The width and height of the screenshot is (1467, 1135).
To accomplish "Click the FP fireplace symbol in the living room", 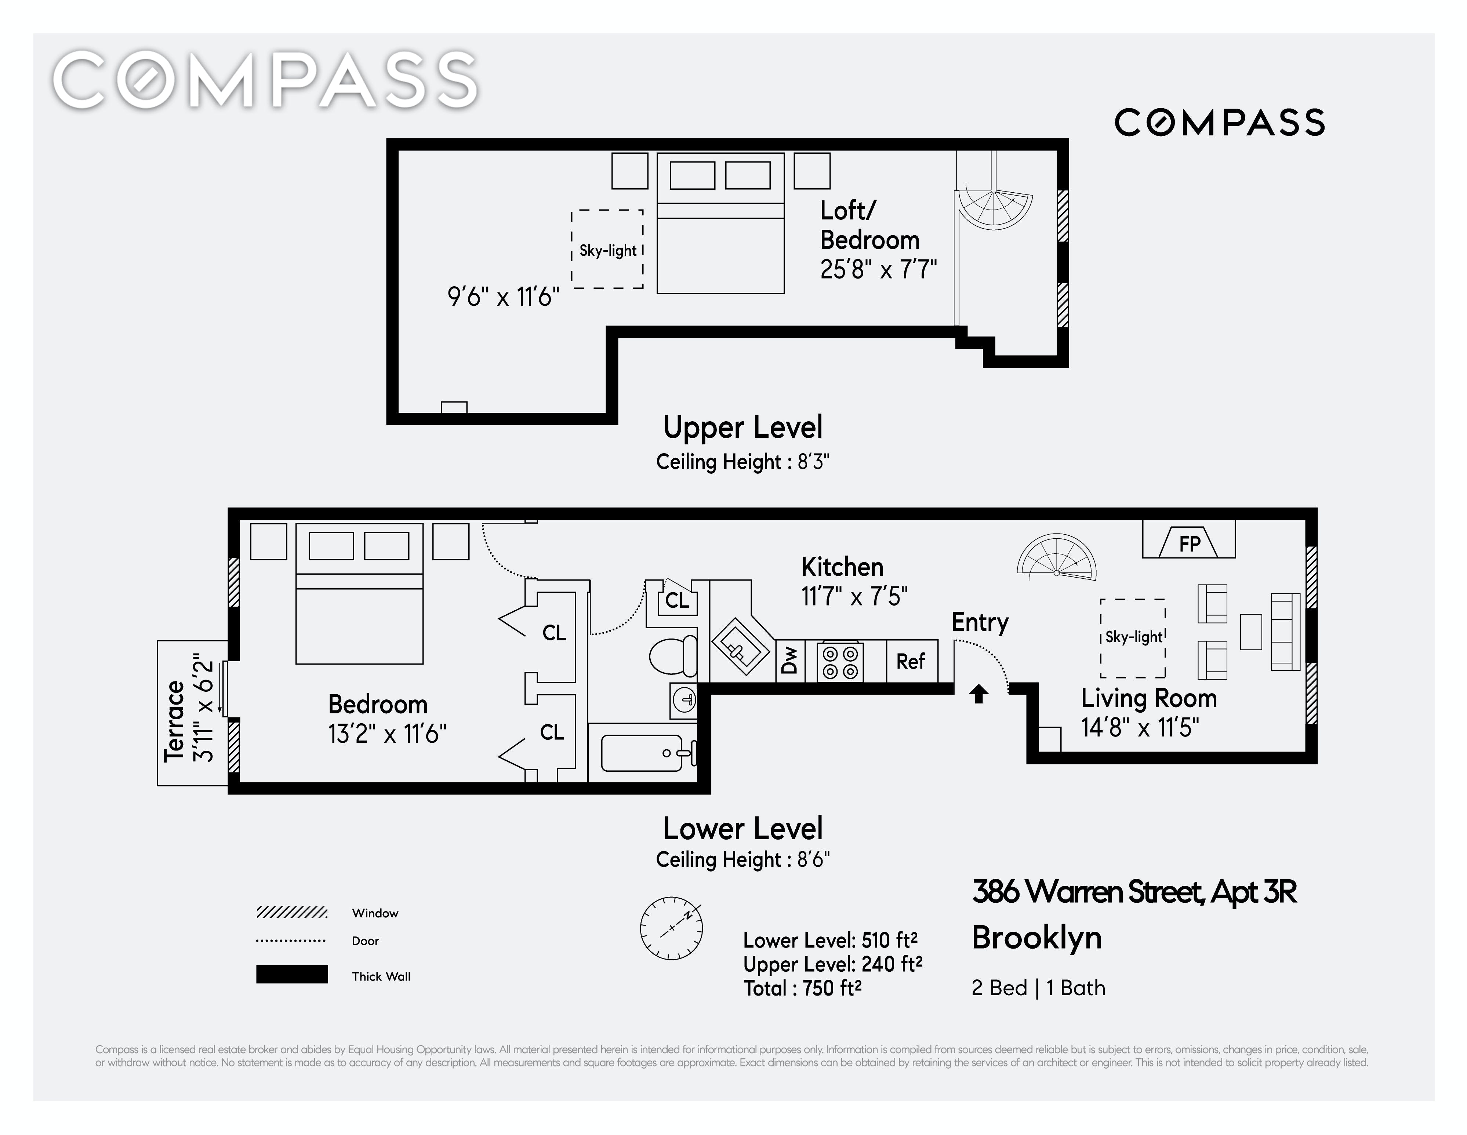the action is click(x=1189, y=539).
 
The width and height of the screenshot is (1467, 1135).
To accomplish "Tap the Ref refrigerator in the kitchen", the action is click(x=911, y=662).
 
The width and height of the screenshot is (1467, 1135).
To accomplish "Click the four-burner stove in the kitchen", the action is click(x=840, y=662).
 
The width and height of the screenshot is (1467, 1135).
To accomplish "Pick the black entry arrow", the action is click(x=978, y=694).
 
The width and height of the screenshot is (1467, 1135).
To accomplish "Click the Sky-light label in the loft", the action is click(x=608, y=251).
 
